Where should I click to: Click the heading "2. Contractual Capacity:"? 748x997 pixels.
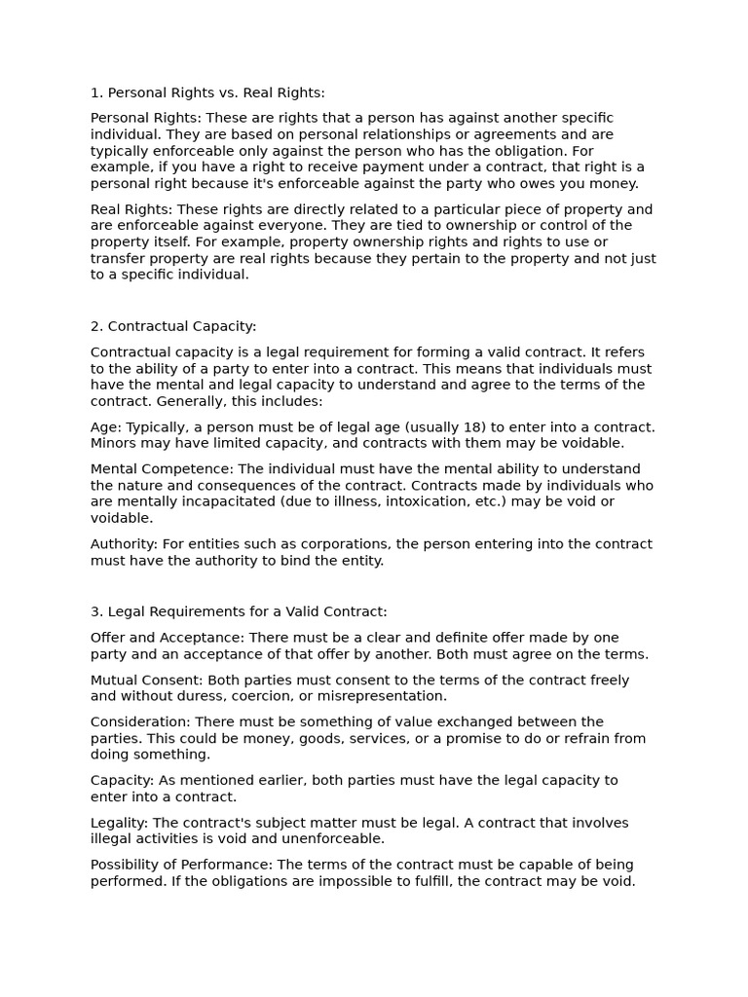pyautogui.click(x=173, y=326)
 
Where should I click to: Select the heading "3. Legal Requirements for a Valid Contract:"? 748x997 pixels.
pyautogui.click(x=239, y=611)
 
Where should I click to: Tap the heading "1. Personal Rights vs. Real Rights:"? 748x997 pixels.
pyautogui.click(x=207, y=92)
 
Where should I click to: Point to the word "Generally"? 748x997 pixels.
pyautogui.click(x=191, y=401)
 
